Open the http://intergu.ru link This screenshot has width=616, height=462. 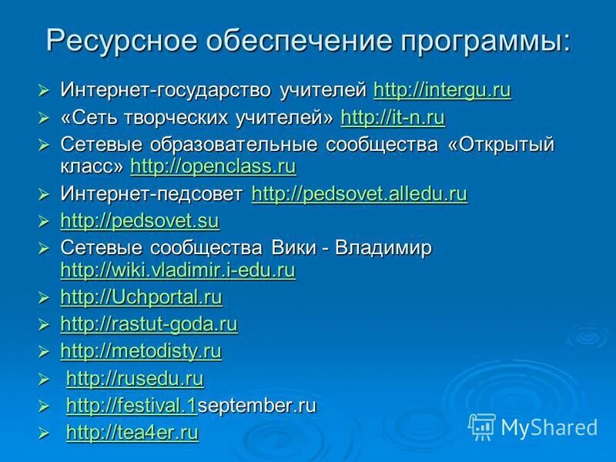(x=442, y=91)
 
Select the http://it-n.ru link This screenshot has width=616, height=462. (x=393, y=118)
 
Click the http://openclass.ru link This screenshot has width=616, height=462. (x=213, y=166)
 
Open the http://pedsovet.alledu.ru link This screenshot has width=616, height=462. (x=360, y=194)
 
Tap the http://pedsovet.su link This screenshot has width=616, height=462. (x=139, y=222)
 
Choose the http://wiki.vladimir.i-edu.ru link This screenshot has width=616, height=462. (x=178, y=270)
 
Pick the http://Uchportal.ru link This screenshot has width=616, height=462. (x=141, y=297)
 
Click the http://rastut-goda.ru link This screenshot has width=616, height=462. (x=149, y=324)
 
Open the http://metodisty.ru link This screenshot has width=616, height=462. (x=141, y=352)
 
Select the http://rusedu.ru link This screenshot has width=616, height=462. (x=135, y=379)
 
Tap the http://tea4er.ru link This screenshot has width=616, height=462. (x=132, y=434)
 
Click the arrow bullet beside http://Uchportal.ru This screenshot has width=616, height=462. (x=44, y=298)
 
